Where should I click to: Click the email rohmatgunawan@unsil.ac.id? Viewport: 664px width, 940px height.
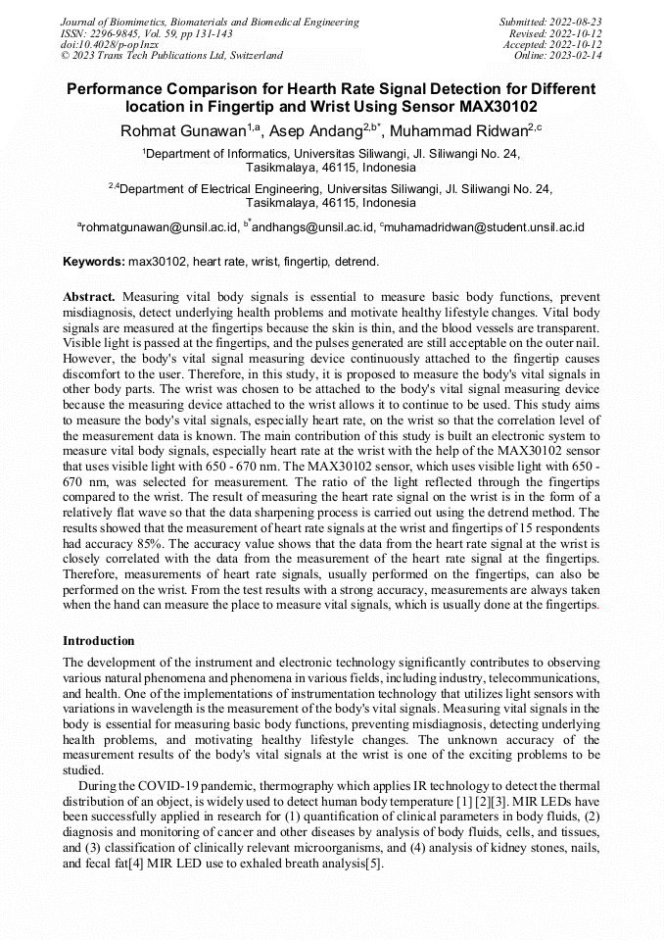[x=160, y=227]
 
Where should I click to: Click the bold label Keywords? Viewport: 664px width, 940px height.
[x=94, y=263]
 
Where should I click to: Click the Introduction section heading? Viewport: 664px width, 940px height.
[x=99, y=641]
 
